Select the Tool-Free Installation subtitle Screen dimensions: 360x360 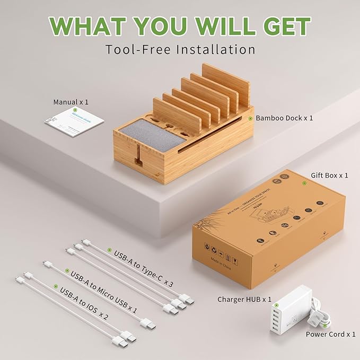[x=180, y=49]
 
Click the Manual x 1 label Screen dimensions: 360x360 [x=71, y=101]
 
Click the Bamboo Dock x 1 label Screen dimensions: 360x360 [x=284, y=118]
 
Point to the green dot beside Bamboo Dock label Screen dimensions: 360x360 [x=250, y=118]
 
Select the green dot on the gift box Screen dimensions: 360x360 [x=304, y=183]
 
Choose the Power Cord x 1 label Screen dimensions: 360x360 [x=331, y=334]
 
